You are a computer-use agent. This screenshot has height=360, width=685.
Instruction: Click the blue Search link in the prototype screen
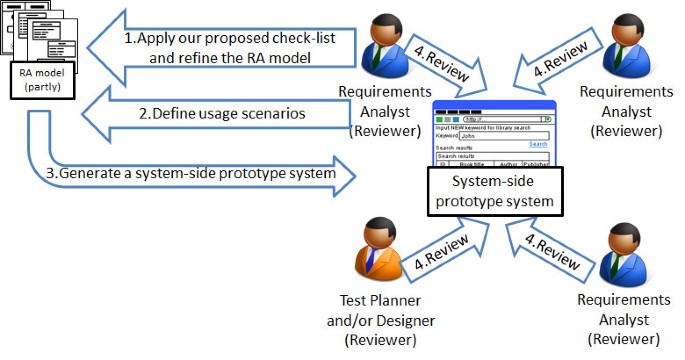coord(538,144)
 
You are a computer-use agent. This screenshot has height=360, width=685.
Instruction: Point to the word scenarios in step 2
coord(266,114)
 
